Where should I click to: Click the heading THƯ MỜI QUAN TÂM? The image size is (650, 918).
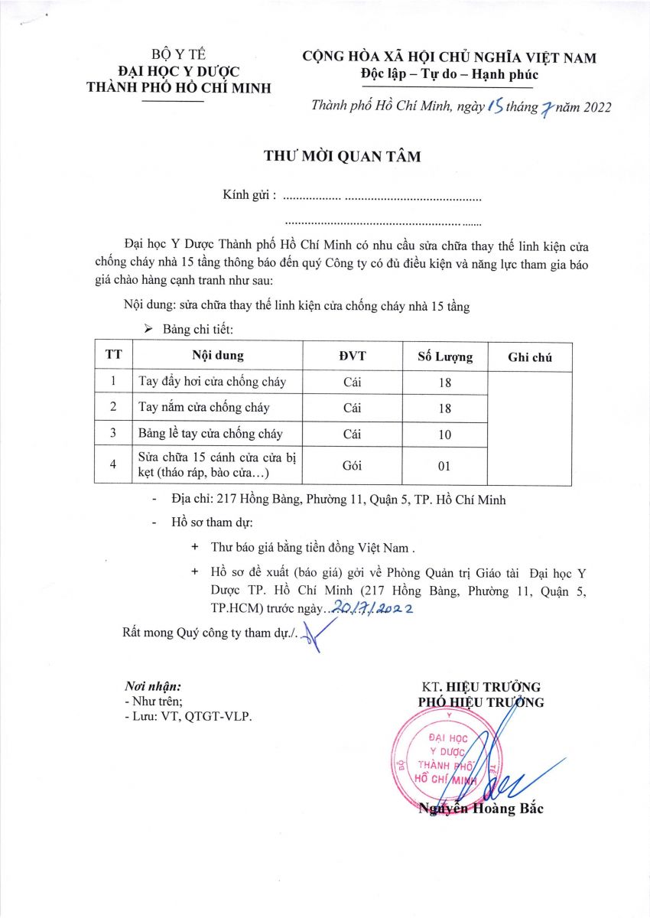click(x=343, y=157)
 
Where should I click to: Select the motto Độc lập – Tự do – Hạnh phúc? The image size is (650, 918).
click(x=450, y=74)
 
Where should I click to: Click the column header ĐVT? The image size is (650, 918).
click(x=353, y=356)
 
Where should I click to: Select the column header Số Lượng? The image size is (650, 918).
click(x=445, y=356)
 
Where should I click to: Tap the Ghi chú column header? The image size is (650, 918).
click(x=529, y=357)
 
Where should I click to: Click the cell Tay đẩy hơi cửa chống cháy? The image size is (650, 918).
click(x=212, y=382)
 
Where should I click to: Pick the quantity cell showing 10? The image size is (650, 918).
click(x=445, y=435)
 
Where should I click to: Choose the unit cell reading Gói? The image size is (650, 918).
click(x=353, y=466)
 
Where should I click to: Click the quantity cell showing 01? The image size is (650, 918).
click(x=445, y=466)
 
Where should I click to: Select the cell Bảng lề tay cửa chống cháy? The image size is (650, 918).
click(x=210, y=434)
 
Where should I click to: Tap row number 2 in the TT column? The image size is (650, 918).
click(x=113, y=407)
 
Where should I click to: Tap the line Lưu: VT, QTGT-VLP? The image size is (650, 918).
click(x=187, y=716)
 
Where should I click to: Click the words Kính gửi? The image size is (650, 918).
click(x=249, y=196)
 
